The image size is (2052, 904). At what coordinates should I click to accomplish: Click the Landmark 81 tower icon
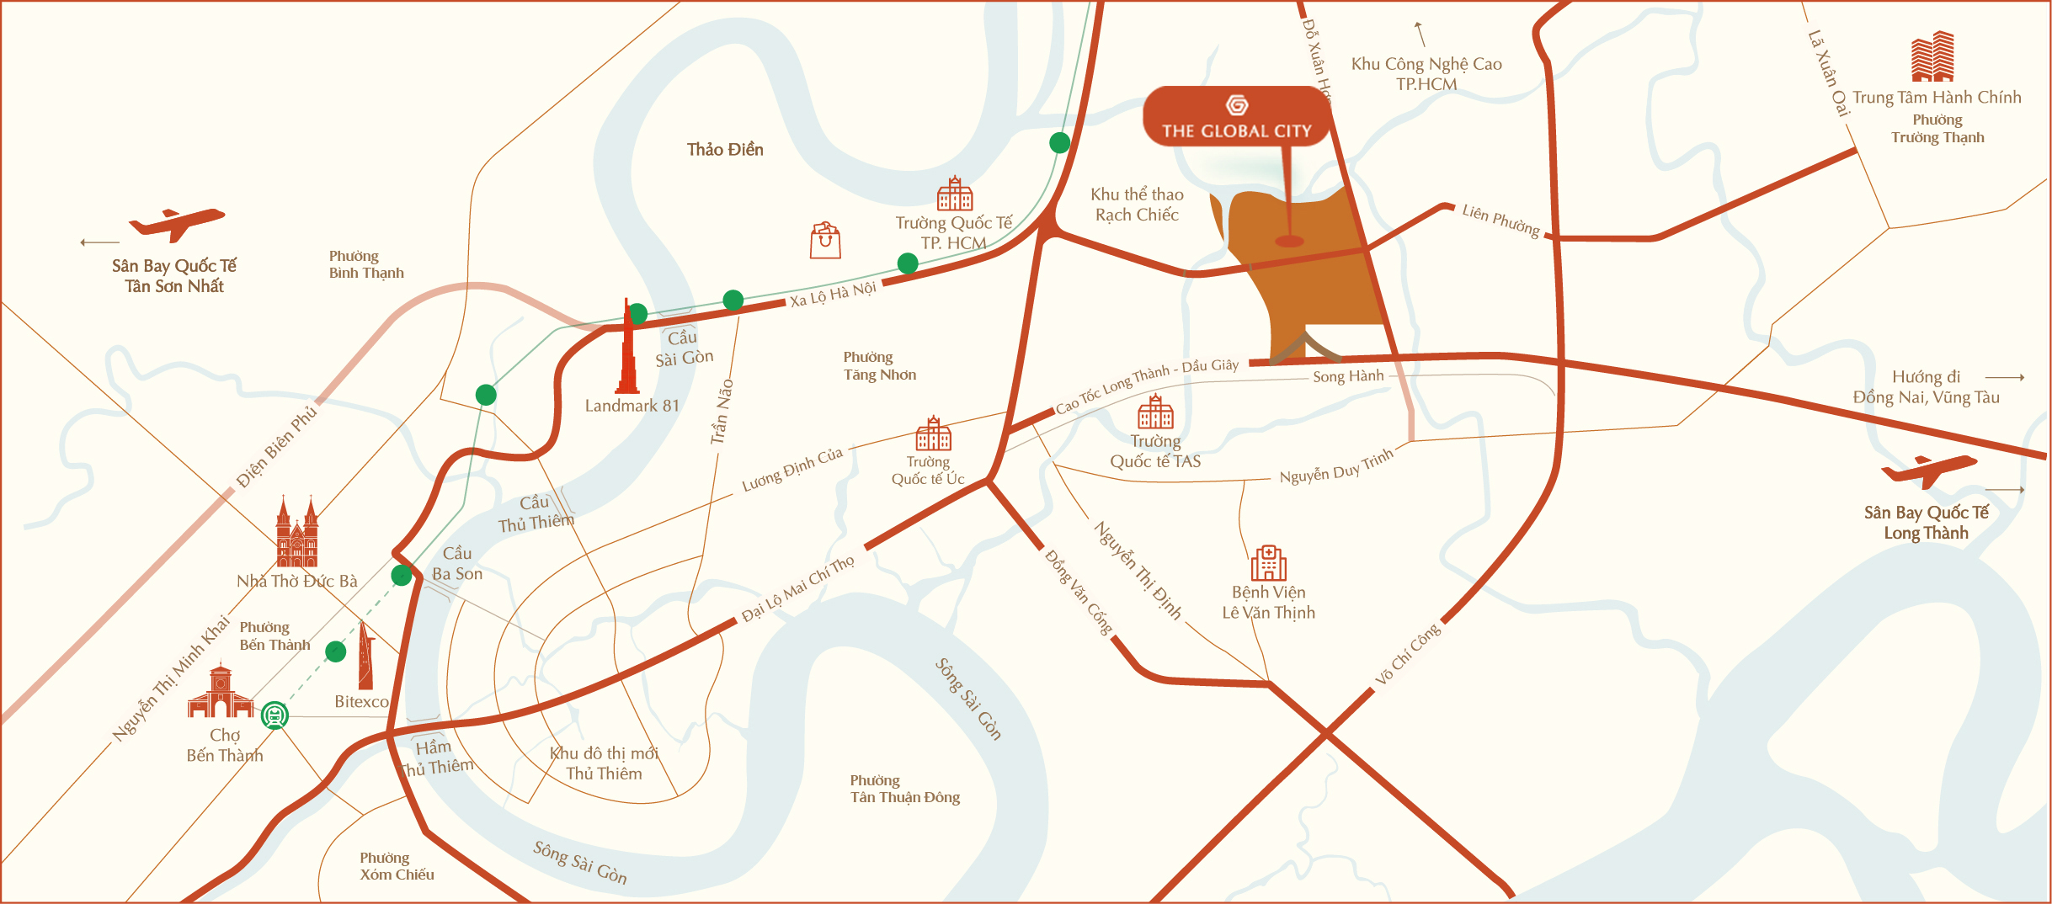coord(627,349)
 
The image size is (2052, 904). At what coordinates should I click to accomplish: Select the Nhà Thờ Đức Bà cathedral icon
coord(297,534)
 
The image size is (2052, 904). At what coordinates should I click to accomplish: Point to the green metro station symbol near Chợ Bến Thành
coord(274,715)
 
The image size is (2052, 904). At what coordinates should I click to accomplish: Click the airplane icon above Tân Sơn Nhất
coord(176,224)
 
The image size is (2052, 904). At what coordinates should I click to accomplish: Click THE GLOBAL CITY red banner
coord(1236,117)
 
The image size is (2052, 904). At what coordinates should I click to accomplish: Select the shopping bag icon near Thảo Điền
coord(825,241)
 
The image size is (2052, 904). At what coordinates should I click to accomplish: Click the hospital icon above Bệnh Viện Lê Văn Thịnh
coord(1268,563)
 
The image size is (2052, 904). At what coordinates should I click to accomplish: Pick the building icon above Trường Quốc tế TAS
coord(1155,412)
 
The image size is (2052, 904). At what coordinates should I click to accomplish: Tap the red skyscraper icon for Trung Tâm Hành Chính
coord(1932,56)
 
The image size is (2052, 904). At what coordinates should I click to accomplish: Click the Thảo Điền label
coord(725,150)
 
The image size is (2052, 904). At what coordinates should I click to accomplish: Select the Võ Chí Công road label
coord(1408,654)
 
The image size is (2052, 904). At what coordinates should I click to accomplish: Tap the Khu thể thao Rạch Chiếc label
coord(1137,205)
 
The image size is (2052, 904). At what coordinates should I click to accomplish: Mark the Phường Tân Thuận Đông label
coord(904,790)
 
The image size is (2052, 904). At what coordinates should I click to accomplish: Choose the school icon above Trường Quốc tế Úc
coord(933,434)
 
